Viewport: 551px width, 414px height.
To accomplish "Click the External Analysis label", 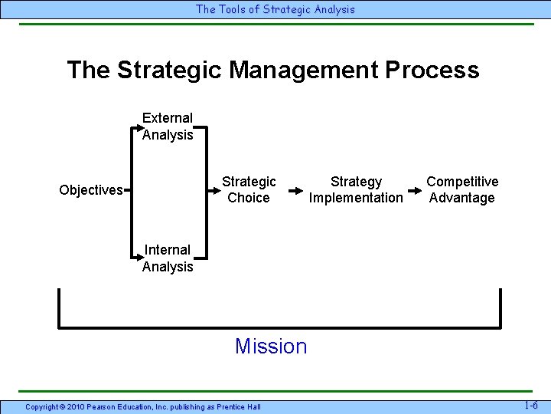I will (x=168, y=127).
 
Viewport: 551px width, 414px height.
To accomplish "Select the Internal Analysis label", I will (x=168, y=258).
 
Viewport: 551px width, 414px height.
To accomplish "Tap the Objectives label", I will (x=90, y=190).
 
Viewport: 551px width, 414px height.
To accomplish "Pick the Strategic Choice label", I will (x=249, y=189).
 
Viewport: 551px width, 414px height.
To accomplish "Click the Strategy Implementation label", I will (x=355, y=189).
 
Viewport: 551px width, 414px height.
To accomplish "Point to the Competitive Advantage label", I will (x=461, y=189).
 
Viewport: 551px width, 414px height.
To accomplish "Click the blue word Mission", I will (x=271, y=347).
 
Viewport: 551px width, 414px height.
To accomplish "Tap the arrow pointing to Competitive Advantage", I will (x=415, y=189).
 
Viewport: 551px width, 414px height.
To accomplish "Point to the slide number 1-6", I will (x=531, y=405).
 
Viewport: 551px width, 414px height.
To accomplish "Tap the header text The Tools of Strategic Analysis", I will (x=275, y=9).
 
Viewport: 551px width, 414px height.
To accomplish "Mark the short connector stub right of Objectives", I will (x=128, y=189).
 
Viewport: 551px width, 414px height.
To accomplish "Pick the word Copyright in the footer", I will (x=42, y=406).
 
